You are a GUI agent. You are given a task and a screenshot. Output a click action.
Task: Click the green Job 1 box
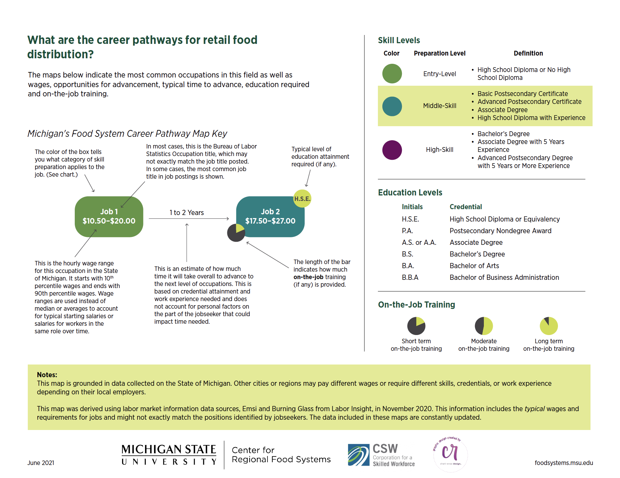tap(109, 216)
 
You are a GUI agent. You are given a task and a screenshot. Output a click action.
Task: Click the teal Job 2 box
tap(270, 216)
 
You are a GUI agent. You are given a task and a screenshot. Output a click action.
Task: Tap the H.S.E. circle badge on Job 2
tap(302, 199)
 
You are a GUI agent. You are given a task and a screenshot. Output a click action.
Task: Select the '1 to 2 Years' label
tap(187, 213)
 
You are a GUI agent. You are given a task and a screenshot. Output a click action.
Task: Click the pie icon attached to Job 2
tap(236, 233)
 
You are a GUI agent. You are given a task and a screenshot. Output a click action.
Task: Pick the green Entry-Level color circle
tap(392, 73)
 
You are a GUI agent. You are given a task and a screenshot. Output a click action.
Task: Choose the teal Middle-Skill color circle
tap(392, 106)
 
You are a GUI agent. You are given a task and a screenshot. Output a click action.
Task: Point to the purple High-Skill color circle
tap(392, 150)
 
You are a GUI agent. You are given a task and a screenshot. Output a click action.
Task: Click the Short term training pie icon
tap(416, 326)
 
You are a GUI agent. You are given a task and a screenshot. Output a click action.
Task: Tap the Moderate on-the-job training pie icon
tap(484, 326)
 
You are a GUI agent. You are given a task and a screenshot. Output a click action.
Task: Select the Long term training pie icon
tap(549, 326)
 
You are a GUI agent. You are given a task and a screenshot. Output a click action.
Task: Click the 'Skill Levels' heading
tap(399, 40)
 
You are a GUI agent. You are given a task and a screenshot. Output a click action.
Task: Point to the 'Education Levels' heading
tap(410, 193)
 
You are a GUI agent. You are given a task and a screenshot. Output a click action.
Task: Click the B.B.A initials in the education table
tap(410, 277)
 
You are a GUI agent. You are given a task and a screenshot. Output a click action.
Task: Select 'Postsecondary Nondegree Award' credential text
tap(500, 231)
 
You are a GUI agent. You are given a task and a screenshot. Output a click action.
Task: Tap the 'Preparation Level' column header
tap(439, 53)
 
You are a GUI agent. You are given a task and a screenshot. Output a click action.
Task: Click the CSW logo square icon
tap(358, 455)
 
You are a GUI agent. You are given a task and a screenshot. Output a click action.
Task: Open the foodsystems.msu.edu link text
tap(563, 463)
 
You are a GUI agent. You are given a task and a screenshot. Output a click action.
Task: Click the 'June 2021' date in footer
tap(41, 463)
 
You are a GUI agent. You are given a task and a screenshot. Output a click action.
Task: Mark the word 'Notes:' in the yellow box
tap(47, 375)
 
